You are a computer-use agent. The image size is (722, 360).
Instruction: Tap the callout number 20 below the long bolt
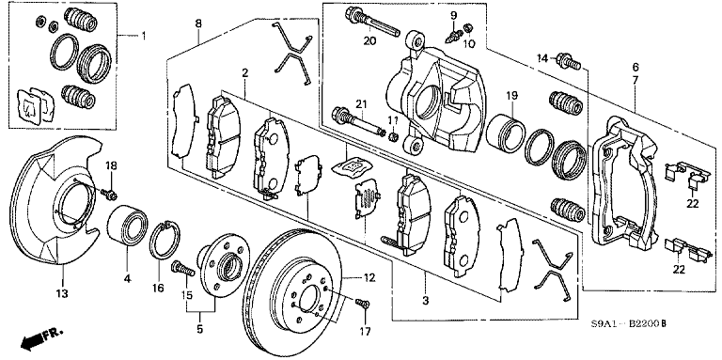[369, 40]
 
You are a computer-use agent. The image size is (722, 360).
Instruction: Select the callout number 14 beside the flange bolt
[541, 59]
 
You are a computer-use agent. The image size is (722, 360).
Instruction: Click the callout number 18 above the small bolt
[111, 165]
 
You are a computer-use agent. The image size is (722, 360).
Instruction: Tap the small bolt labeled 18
[110, 193]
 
